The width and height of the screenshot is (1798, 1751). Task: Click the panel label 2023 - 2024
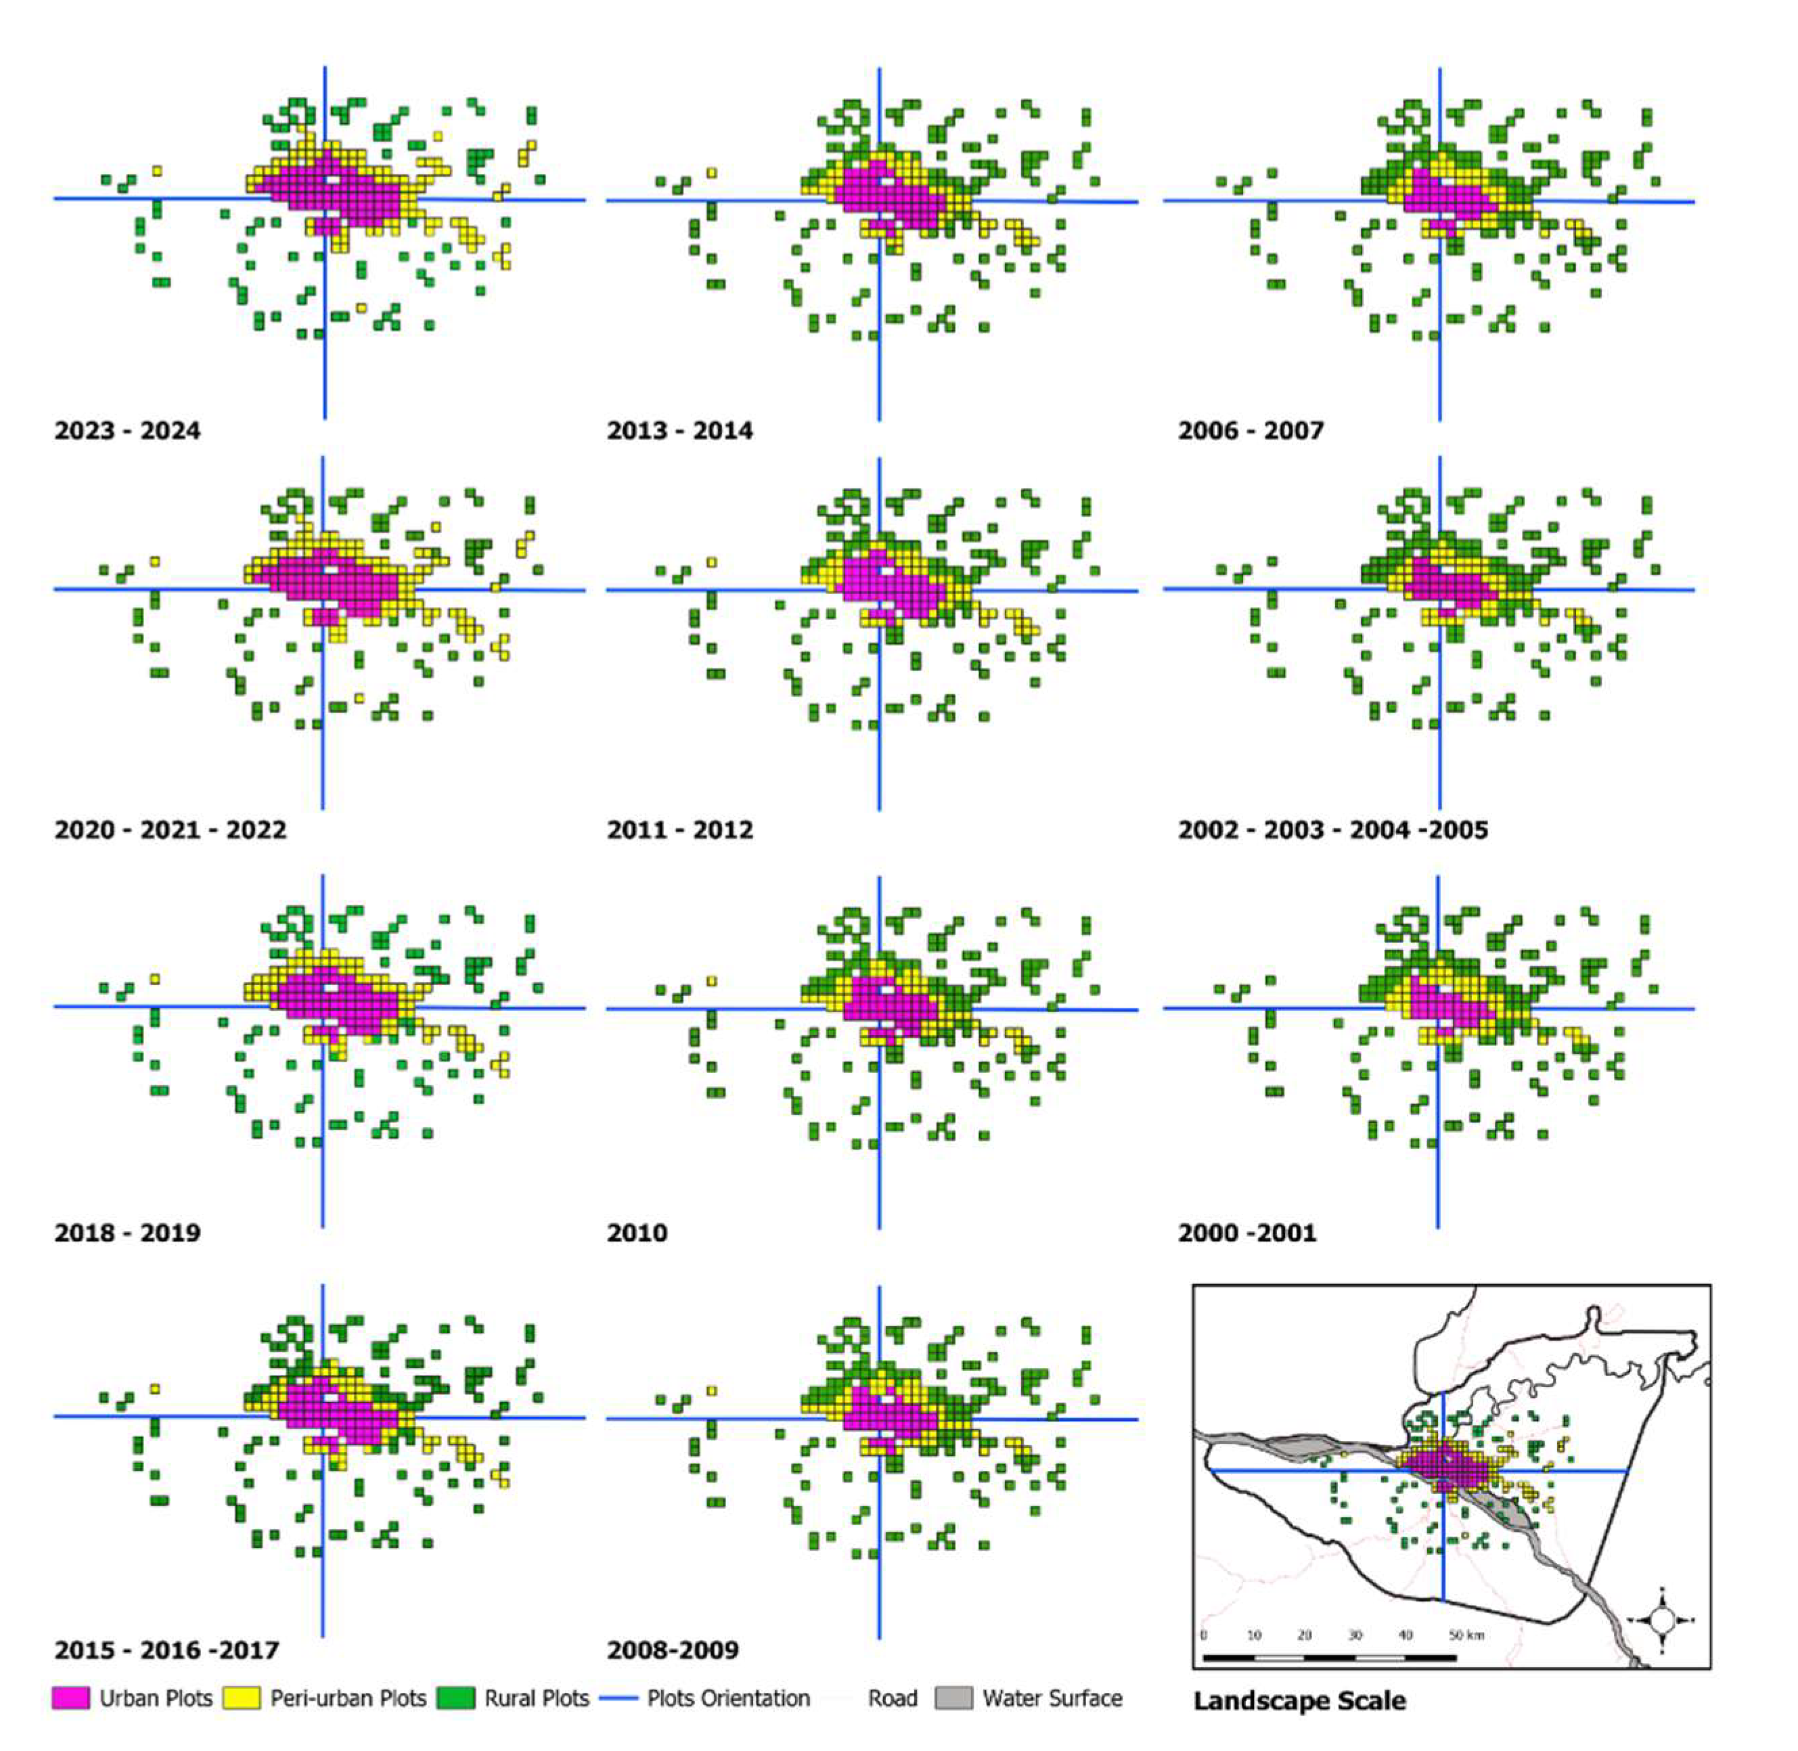tap(127, 430)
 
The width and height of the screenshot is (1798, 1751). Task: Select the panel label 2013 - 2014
tap(679, 430)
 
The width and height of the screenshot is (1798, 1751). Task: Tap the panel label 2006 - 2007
tap(1250, 430)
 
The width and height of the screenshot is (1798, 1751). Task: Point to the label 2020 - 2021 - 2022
tap(170, 829)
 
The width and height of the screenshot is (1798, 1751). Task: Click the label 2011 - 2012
tap(679, 829)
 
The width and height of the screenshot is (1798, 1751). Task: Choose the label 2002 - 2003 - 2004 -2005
tap(1332, 829)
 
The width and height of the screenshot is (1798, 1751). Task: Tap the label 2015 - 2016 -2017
tap(166, 1650)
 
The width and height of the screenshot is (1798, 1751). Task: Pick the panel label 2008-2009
tap(672, 1650)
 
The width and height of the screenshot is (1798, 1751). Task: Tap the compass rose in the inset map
tap(1662, 1620)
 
